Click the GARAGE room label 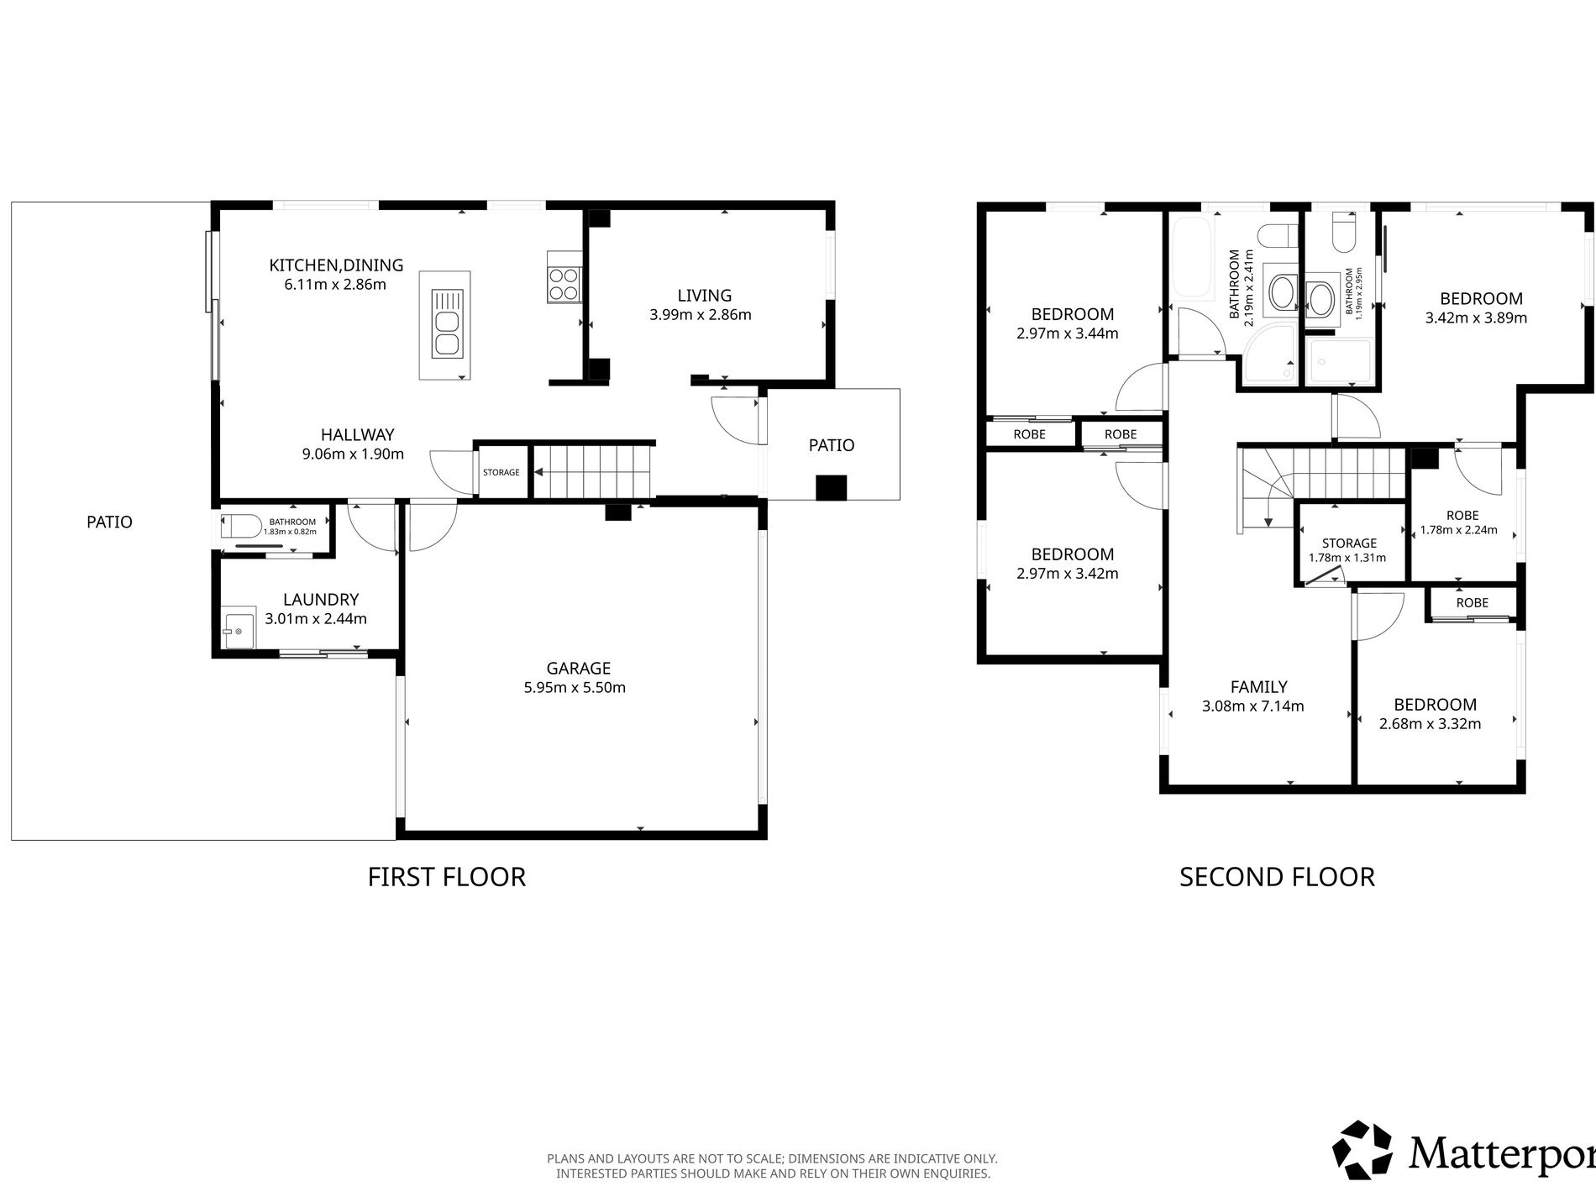(x=578, y=669)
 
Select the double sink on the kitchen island (x=446, y=322)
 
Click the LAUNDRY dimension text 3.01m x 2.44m (x=316, y=619)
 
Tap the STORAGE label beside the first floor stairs (x=501, y=472)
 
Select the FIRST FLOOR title (x=447, y=877)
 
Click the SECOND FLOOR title (x=1277, y=877)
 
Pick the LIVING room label (x=705, y=296)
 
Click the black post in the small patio (x=832, y=487)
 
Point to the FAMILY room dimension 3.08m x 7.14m (x=1253, y=706)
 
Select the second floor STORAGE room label (x=1349, y=543)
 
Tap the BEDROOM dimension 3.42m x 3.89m (x=1476, y=318)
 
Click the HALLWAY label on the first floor (x=357, y=435)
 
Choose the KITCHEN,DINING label (x=336, y=265)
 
